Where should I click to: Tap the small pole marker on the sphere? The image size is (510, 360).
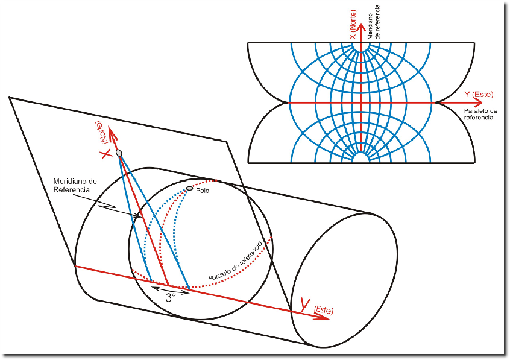click(190, 188)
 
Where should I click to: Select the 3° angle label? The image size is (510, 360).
click(171, 296)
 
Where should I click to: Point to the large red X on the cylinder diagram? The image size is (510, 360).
click(106, 154)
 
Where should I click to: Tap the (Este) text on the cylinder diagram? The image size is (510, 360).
click(323, 310)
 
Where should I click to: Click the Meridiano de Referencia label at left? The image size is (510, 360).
click(71, 185)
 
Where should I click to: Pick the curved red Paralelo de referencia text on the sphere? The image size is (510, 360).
click(235, 261)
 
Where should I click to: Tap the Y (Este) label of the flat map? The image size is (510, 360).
click(479, 94)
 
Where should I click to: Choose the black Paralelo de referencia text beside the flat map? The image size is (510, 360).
click(480, 115)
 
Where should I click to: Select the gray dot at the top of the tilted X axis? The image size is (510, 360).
click(119, 153)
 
